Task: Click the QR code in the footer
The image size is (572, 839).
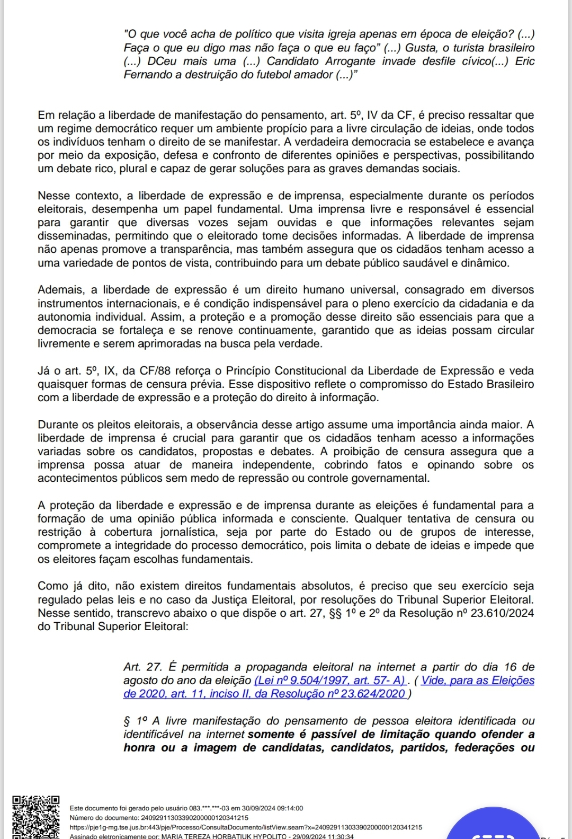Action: [36, 817]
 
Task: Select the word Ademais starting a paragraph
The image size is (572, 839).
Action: [60, 290]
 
